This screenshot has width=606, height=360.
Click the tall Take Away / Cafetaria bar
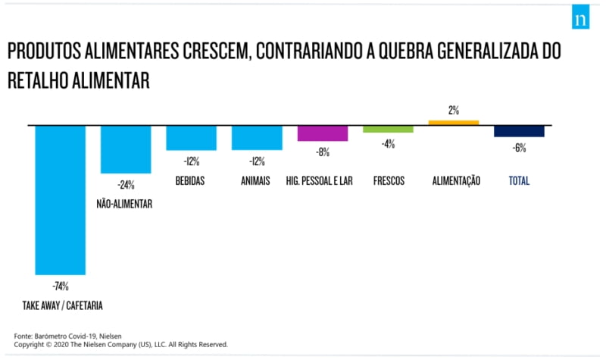click(x=60, y=199)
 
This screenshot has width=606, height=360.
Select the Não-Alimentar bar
click(x=126, y=149)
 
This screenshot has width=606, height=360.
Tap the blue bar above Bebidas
click(x=191, y=137)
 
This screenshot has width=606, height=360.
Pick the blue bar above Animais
click(x=257, y=137)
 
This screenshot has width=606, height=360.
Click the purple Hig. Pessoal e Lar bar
click(x=322, y=133)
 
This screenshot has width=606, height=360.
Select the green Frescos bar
click(x=388, y=129)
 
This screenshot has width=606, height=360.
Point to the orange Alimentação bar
click(x=454, y=122)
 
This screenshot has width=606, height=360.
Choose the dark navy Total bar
click(x=519, y=130)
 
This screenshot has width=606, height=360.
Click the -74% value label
click(x=61, y=286)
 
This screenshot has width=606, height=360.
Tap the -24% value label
click(x=125, y=184)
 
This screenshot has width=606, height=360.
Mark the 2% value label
click(x=454, y=111)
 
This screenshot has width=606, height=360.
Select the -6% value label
click(x=519, y=149)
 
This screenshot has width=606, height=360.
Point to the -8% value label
click(x=322, y=152)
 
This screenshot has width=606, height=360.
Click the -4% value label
click(x=388, y=144)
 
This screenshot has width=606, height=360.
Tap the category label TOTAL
click(x=519, y=181)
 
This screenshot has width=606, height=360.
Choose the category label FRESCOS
click(x=389, y=181)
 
